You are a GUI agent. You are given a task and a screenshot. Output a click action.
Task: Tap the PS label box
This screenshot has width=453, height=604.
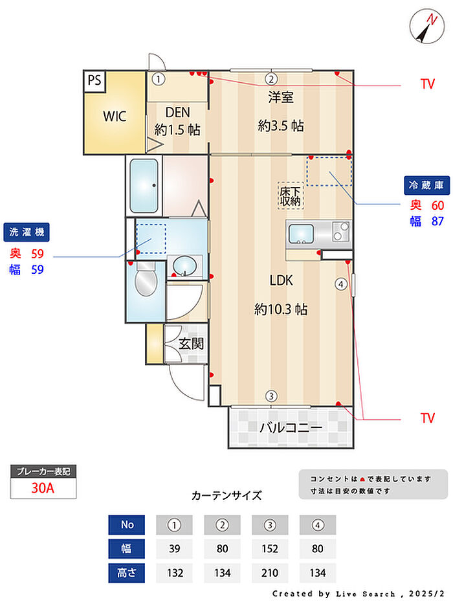click(x=94, y=80)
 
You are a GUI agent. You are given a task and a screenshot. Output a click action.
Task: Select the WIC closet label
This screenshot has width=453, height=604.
click(x=115, y=117)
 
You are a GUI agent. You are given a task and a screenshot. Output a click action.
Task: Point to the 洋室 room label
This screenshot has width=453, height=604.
click(x=281, y=98)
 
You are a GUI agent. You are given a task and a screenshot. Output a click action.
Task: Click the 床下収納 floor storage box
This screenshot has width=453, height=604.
click(x=291, y=196)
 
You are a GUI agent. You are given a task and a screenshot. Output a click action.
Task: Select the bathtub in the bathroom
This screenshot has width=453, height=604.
click(x=144, y=185)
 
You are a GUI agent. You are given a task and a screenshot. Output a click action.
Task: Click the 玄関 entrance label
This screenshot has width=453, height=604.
click(x=191, y=343)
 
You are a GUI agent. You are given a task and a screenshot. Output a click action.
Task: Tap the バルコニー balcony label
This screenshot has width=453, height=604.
click(x=291, y=428)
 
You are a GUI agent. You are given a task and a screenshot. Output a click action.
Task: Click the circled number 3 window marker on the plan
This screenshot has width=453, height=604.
click(x=272, y=396)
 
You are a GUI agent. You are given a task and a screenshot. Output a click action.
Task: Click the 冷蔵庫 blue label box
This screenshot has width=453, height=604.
click(x=426, y=185)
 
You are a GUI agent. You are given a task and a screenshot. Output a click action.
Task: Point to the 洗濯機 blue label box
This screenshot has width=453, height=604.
click(x=27, y=232)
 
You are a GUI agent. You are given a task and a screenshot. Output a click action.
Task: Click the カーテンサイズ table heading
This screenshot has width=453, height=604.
click(x=226, y=496)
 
